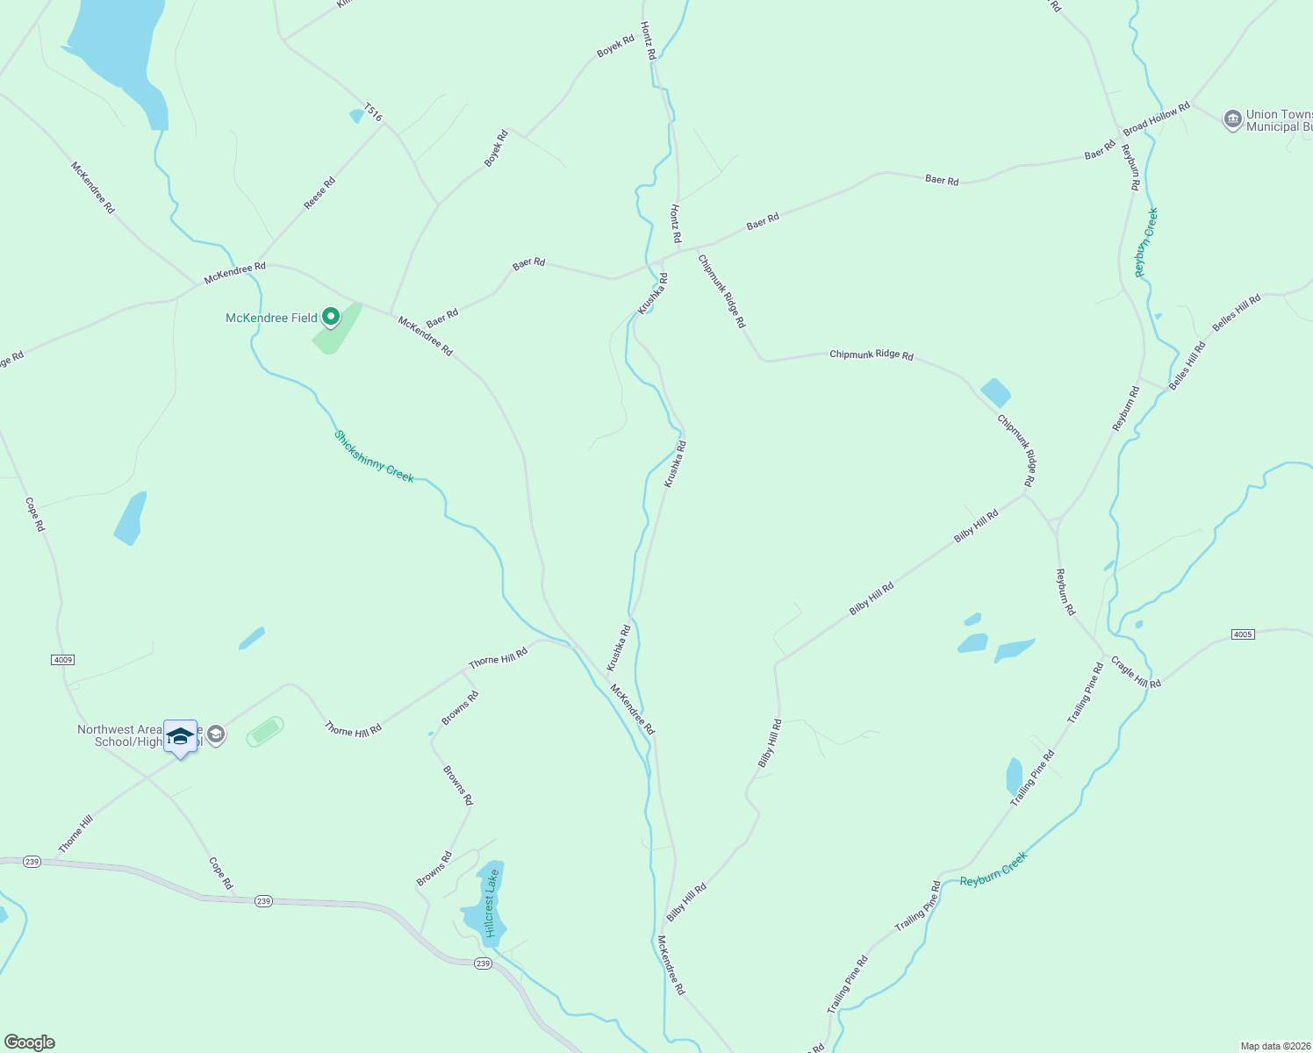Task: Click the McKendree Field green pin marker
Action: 330,317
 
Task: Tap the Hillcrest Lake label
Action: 491,903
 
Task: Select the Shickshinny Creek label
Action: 373,456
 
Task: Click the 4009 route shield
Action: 62,659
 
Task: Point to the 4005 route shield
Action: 1243,634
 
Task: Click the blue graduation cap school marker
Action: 180,736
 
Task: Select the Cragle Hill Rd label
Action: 1136,672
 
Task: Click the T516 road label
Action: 373,112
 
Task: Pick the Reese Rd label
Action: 319,194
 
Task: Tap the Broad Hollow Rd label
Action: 1156,118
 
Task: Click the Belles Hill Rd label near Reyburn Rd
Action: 1187,366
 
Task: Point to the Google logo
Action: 30,1042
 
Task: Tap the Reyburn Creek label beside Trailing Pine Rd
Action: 993,870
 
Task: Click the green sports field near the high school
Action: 264,731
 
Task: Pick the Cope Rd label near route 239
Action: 220,872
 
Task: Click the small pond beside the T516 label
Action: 356,115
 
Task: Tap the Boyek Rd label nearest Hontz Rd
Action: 615,47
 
